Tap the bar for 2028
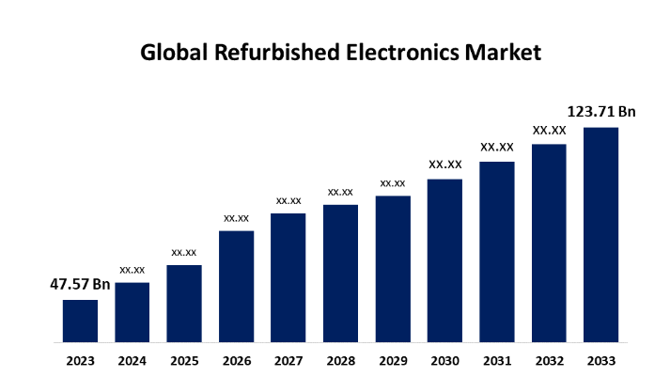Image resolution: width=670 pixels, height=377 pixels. (x=340, y=272)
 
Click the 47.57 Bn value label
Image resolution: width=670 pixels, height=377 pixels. (x=80, y=284)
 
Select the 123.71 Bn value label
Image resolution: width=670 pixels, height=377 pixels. (x=602, y=112)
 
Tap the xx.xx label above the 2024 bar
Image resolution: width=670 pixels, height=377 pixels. (x=132, y=269)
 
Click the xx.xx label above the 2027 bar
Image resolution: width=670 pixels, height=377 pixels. (x=288, y=200)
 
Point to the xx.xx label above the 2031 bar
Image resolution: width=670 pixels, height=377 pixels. (x=497, y=147)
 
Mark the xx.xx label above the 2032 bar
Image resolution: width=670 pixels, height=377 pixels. (x=550, y=130)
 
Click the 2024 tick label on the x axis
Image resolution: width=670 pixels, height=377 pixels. (x=132, y=359)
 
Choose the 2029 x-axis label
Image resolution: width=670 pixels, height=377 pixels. (x=393, y=359)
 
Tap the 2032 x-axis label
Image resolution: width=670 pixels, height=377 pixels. (x=550, y=359)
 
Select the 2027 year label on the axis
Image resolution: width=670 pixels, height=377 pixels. (x=288, y=359)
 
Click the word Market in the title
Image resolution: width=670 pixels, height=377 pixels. (x=505, y=54)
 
